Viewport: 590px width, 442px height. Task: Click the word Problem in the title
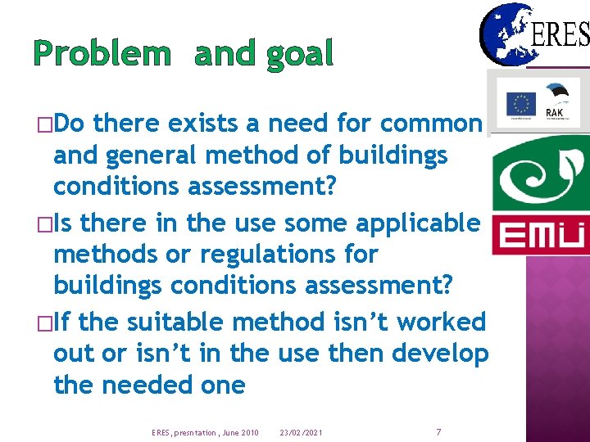[102, 54]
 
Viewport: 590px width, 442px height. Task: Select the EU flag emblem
[520, 105]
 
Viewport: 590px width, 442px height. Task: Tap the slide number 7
[438, 431]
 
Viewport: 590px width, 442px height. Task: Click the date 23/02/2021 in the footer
[301, 431]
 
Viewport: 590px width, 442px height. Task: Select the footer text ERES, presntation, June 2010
[205, 431]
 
